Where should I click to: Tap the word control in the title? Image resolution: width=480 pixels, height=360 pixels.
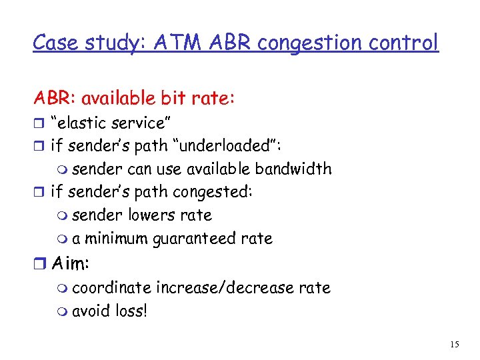[x=408, y=43]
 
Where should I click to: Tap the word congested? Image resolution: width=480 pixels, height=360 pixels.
[x=212, y=192]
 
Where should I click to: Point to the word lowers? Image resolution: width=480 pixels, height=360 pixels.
[x=146, y=215]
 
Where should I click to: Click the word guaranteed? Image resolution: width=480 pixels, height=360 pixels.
[x=198, y=239]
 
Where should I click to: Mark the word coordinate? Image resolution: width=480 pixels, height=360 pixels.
[x=111, y=287]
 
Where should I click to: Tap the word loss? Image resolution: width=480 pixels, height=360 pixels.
[x=129, y=311]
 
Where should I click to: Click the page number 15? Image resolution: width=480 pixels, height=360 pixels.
[x=455, y=344]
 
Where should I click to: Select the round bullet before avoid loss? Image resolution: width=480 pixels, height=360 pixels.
[x=63, y=311]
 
